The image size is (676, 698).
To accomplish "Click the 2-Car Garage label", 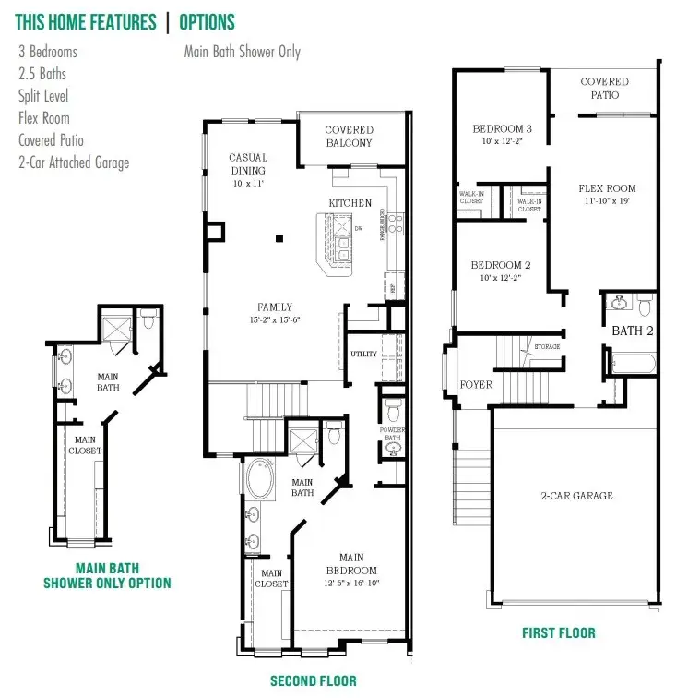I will pyautogui.click(x=576, y=496).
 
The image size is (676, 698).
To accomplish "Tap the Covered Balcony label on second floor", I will pyautogui.click(x=349, y=137).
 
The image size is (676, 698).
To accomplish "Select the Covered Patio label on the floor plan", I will pyautogui.click(x=604, y=89).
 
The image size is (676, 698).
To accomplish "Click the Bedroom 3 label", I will pyautogui.click(x=502, y=128).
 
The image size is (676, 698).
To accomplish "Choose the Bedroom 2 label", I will pyautogui.click(x=502, y=264).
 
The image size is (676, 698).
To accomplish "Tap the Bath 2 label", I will pyautogui.click(x=632, y=330).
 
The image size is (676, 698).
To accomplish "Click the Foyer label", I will pyautogui.click(x=476, y=384).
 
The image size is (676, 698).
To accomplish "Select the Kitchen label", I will pyautogui.click(x=350, y=202).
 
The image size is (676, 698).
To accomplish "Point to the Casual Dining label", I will pyautogui.click(x=248, y=164).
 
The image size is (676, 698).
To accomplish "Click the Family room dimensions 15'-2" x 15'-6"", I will pyautogui.click(x=275, y=319).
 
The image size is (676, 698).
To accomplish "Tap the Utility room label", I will pyautogui.click(x=363, y=355).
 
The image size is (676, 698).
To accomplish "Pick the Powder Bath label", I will pyautogui.click(x=392, y=434).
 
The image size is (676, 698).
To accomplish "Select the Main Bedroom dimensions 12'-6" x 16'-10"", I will pyautogui.click(x=351, y=583).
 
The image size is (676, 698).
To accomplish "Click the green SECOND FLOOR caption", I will pyautogui.click(x=313, y=681).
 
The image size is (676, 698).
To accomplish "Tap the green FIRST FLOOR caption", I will pyautogui.click(x=558, y=632).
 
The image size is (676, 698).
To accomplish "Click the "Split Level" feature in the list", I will pyautogui.click(x=43, y=96).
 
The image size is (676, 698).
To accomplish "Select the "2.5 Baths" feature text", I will pyautogui.click(x=42, y=74).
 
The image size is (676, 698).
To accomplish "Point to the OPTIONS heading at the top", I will pyautogui.click(x=207, y=22).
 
